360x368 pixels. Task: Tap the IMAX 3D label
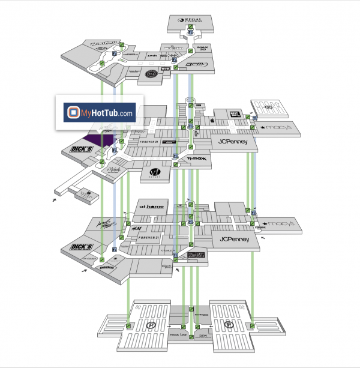point(202,47)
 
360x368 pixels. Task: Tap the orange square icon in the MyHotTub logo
point(73,112)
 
